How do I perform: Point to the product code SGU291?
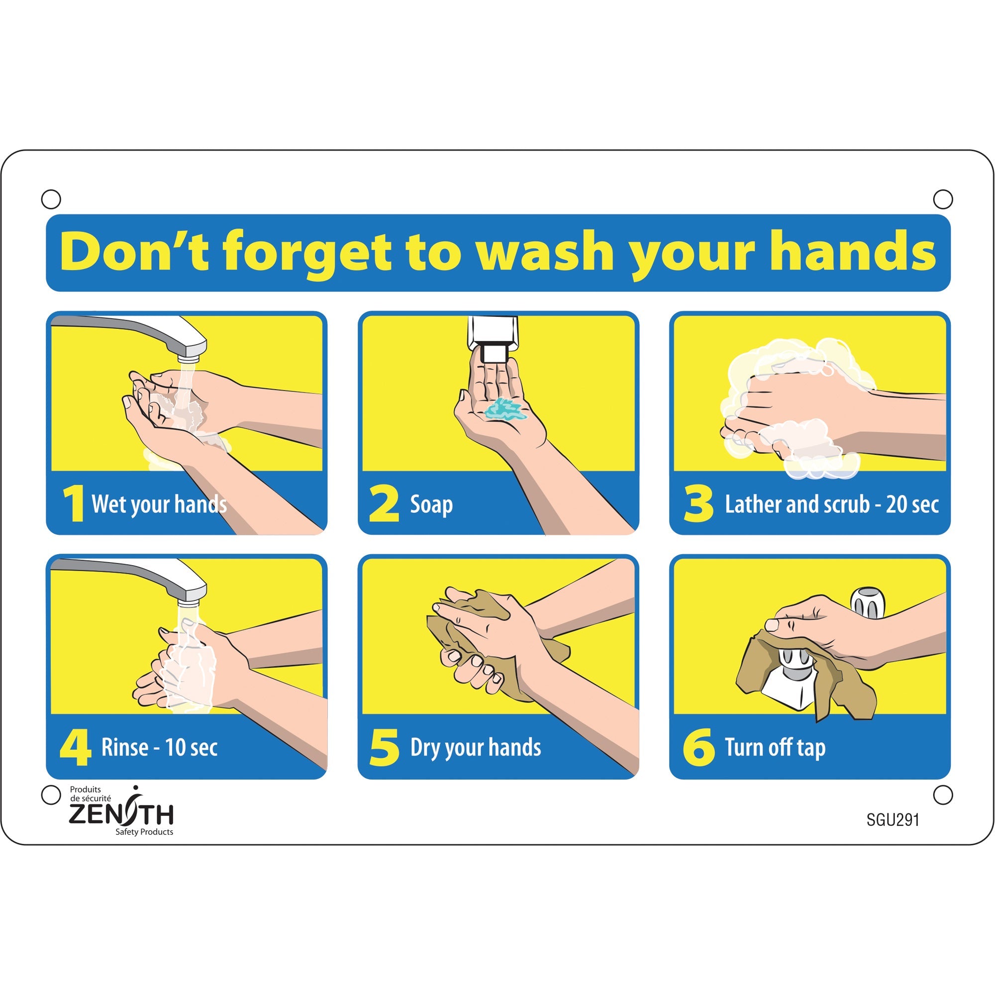893,819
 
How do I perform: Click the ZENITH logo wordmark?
121,814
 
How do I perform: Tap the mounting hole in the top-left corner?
51,199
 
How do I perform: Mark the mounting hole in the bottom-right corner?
942,795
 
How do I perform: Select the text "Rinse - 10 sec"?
159,747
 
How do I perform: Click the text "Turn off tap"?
775,747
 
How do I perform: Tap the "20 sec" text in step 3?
912,504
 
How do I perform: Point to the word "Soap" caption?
431,504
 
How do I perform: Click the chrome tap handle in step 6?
867,602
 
